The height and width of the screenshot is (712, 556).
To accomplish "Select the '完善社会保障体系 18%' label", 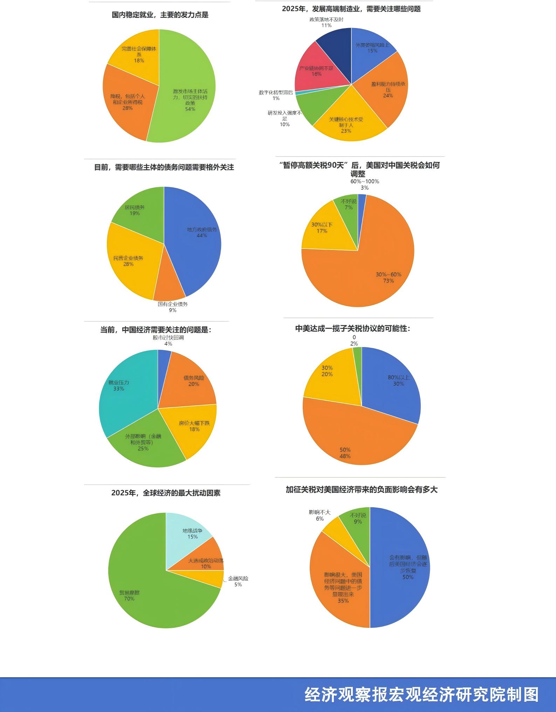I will tap(139, 54).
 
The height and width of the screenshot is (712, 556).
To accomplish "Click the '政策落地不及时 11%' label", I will tap(326, 22).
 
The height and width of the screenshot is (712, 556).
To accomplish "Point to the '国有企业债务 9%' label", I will tap(173, 307).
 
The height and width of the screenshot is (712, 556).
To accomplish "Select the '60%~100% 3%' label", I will tap(365, 184).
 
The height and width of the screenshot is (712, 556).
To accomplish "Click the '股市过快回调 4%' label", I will tap(168, 340).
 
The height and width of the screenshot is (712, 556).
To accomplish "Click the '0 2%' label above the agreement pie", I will tap(354, 340).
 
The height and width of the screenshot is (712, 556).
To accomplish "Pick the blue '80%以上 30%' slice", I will tap(392, 382).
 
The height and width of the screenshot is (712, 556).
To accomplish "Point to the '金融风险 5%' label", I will tap(238, 581).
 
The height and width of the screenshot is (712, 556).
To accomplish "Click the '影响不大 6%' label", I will tap(320, 515).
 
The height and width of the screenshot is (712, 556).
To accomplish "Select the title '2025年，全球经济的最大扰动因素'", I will tap(166, 493).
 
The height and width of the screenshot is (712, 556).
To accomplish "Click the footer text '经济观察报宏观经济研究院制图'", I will tap(421, 695).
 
